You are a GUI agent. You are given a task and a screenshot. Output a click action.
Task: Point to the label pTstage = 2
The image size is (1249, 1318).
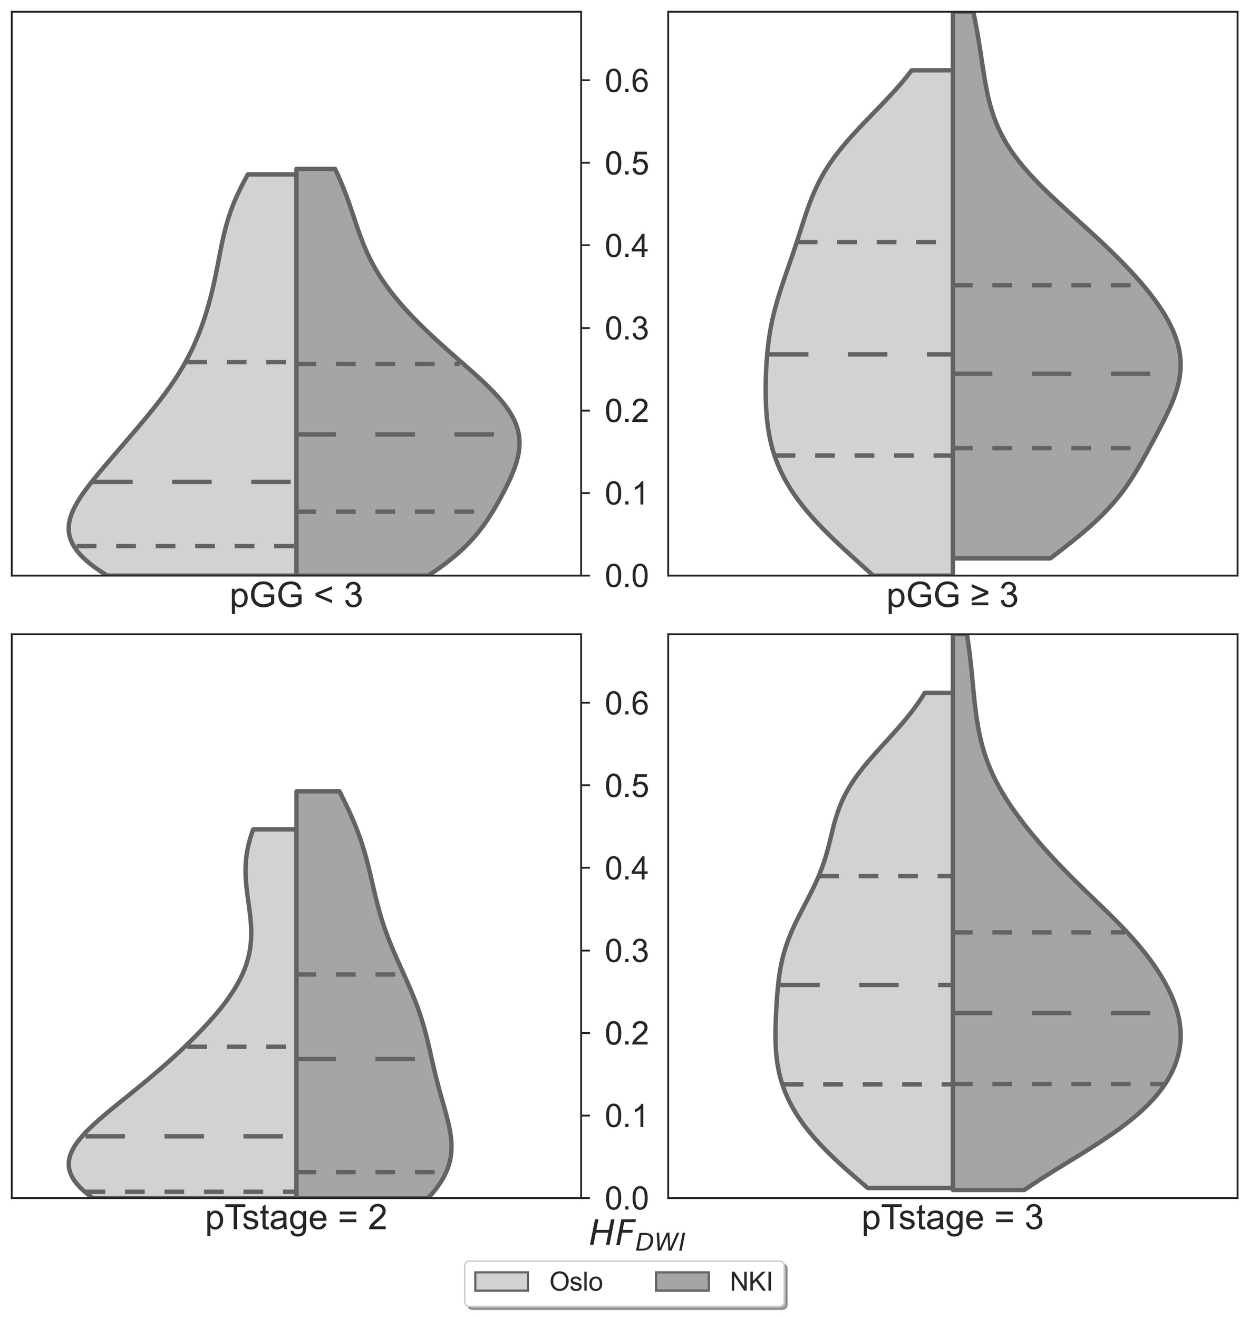click(x=296, y=1219)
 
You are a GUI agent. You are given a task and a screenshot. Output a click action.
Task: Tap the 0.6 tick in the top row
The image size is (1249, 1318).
click(x=626, y=81)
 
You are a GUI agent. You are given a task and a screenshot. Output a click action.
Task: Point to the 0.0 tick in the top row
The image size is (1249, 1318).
click(x=626, y=576)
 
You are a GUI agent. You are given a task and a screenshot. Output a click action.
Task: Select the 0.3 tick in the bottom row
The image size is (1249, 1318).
click(x=626, y=951)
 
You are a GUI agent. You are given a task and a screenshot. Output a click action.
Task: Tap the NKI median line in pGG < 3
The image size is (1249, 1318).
click(x=395, y=434)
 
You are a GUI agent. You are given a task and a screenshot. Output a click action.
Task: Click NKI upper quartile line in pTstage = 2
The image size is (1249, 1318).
click(x=346, y=974)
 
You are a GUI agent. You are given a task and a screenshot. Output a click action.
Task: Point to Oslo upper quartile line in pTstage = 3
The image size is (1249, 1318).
click(x=886, y=876)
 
